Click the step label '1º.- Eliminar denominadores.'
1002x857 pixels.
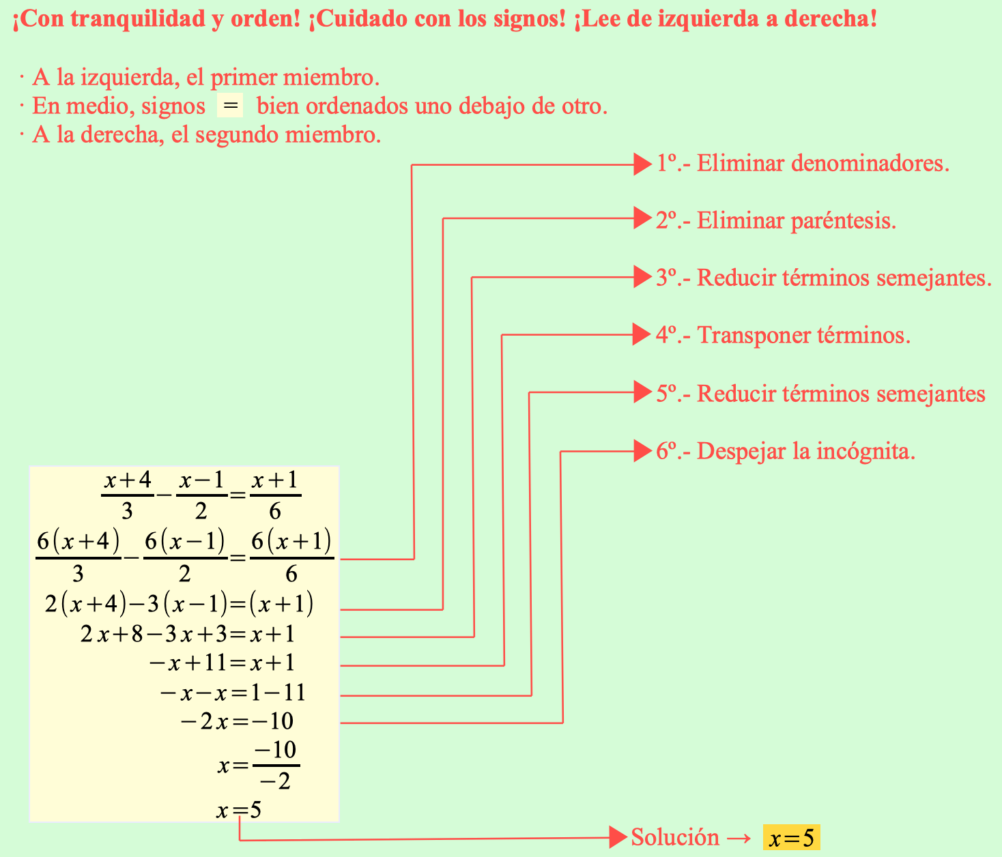tap(803, 164)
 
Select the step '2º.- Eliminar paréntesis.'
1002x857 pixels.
tap(776, 221)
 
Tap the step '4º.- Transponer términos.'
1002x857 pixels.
tap(783, 336)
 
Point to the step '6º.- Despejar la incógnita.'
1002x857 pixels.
tap(786, 452)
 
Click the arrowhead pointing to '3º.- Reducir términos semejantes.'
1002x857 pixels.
tap(642, 277)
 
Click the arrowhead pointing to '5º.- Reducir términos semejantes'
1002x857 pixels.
tap(642, 392)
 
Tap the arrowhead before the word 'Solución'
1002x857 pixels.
tap(618, 837)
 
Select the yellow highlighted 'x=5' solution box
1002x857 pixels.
tap(791, 838)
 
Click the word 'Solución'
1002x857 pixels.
tap(674, 837)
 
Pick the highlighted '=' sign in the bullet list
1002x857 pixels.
tap(230, 106)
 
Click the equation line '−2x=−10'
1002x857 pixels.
tap(237, 722)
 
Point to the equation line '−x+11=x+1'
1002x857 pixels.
tap(222, 663)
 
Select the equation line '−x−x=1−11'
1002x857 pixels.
tap(232, 693)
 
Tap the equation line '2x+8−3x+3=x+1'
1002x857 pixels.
tap(188, 635)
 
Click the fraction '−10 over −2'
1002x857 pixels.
tap(276, 766)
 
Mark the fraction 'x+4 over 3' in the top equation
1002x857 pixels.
tap(128, 495)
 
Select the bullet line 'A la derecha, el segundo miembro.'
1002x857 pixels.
tap(206, 135)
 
